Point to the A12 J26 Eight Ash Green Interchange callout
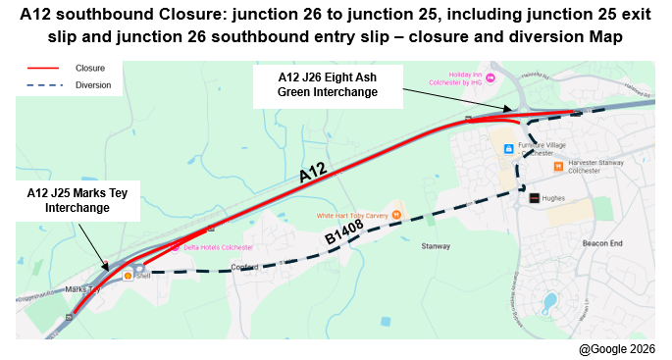(x=328, y=85)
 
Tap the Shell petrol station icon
(x=128, y=276)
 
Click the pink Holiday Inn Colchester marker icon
(x=491, y=78)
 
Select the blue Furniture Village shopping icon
(x=508, y=149)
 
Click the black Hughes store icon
(x=533, y=197)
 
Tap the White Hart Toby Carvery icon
(x=396, y=215)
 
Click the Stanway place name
(x=433, y=246)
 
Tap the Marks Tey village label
(x=82, y=289)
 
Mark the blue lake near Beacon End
(x=548, y=299)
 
